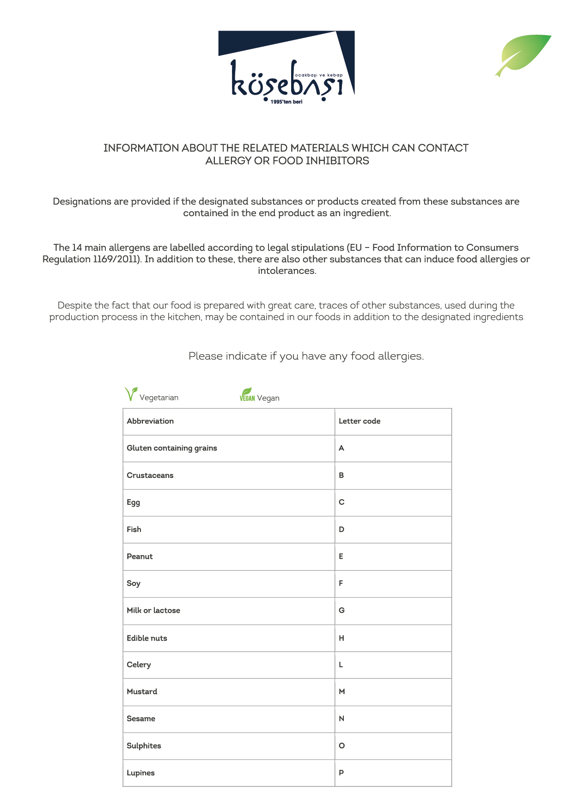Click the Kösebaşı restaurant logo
286,67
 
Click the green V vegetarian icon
131,394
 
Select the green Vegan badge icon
247,395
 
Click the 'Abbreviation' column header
150,421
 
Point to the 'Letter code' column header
360,421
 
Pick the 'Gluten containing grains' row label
172,448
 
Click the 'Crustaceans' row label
150,475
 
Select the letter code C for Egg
341,502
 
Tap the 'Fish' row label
134,529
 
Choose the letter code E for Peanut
341,556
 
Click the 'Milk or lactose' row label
153,611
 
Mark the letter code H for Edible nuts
341,638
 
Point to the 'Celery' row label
139,665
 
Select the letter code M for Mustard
342,691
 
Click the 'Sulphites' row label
144,746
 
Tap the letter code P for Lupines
341,773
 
